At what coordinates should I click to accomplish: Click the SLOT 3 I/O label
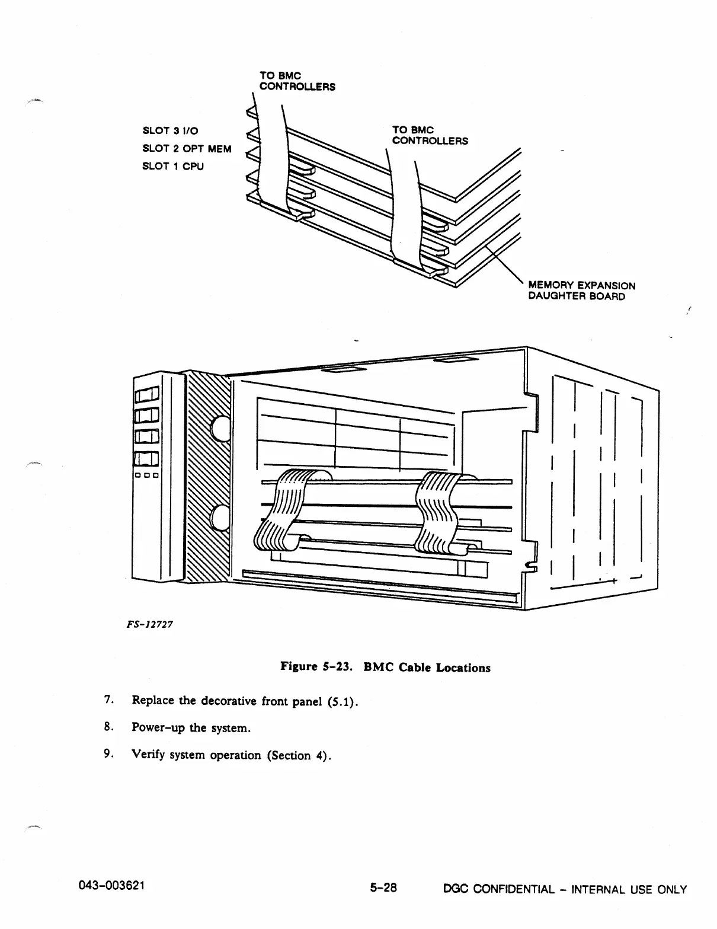click(171, 131)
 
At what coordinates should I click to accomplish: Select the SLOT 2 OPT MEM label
click(187, 149)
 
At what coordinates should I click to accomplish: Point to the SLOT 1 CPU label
click(173, 167)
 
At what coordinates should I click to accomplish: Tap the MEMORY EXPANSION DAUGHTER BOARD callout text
click(581, 291)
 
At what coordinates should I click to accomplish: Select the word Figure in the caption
click(299, 667)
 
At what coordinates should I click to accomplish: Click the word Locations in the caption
click(463, 668)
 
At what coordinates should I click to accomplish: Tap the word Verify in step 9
click(149, 755)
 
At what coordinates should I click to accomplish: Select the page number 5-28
click(383, 888)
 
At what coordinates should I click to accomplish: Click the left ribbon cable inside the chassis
click(280, 510)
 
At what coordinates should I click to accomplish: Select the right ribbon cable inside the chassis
click(437, 510)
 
